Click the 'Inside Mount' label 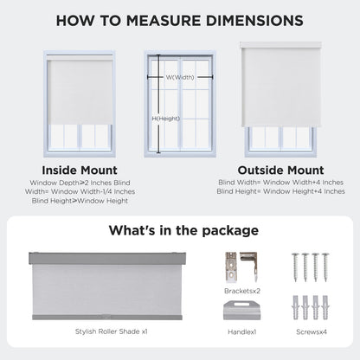pos(80,170)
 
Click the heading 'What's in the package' pos(183,230)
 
